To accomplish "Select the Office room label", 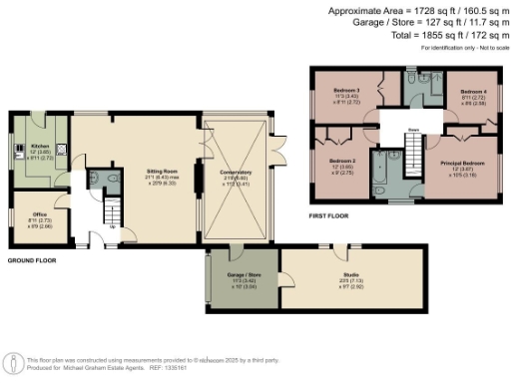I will [x=39, y=214].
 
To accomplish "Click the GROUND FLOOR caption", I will [x=32, y=260].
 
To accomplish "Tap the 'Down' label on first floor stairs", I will [x=412, y=129].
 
